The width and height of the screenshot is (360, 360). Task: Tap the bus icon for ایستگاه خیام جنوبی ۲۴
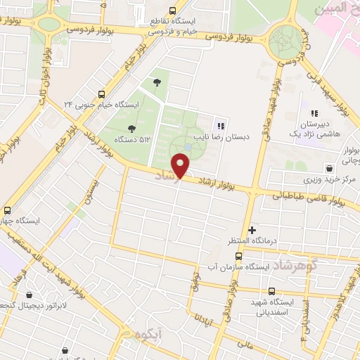(102, 94)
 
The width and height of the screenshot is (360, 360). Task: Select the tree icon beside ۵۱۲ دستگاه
(131, 128)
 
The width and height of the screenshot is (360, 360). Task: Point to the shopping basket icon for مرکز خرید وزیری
(330, 168)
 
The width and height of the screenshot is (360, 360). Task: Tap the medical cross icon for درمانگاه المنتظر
(252, 230)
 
